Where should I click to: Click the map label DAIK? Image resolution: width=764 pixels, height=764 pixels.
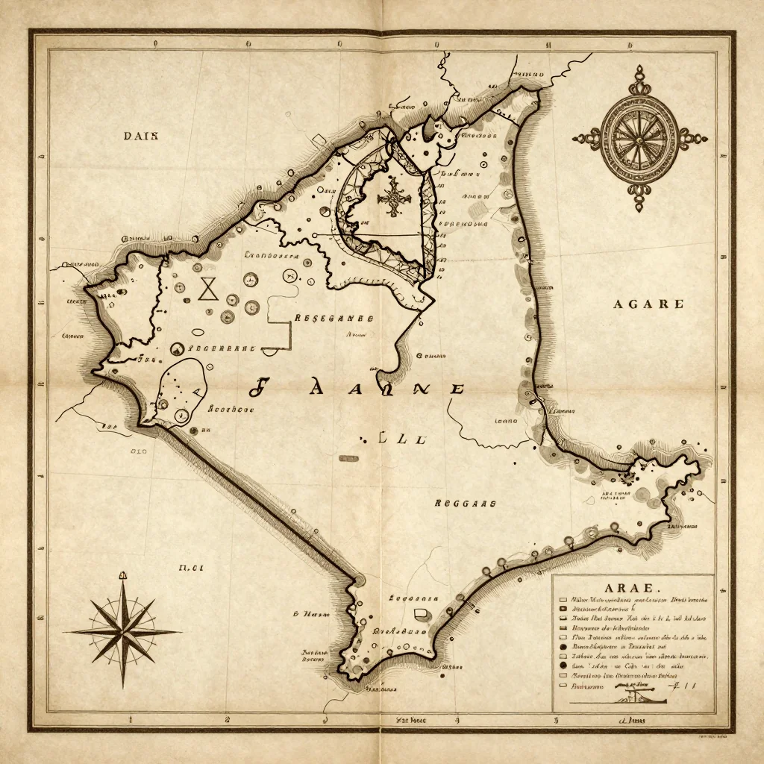(145, 135)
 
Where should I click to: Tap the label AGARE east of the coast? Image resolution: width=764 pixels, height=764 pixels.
(648, 304)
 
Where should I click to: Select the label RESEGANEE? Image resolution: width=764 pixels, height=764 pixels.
(334, 318)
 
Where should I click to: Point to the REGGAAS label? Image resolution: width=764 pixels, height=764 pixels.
(465, 504)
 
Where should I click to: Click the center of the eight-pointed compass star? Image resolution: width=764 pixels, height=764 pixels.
(123, 631)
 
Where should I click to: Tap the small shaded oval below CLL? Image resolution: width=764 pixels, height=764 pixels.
(347, 457)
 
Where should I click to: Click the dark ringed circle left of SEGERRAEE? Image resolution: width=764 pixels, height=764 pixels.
(178, 348)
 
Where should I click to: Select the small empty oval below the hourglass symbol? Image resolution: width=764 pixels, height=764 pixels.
(198, 333)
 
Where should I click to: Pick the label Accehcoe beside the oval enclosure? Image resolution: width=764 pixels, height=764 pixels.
(231, 409)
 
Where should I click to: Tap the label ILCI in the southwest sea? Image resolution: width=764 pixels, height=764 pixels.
(191, 568)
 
